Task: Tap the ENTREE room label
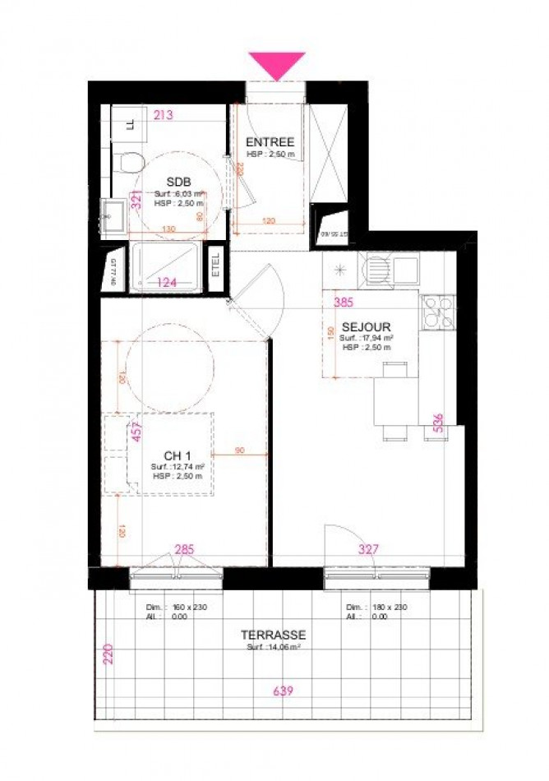pos(270,142)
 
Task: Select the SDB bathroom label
pos(178,182)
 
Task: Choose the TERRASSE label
pos(273,635)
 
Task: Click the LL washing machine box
pos(130,125)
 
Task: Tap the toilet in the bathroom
pos(129,160)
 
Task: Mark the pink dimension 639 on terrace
pos(284,691)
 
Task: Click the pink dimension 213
pos(163,115)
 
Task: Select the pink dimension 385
pos(344,301)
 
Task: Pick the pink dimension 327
pos(367,549)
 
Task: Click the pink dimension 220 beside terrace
pos(108,655)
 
